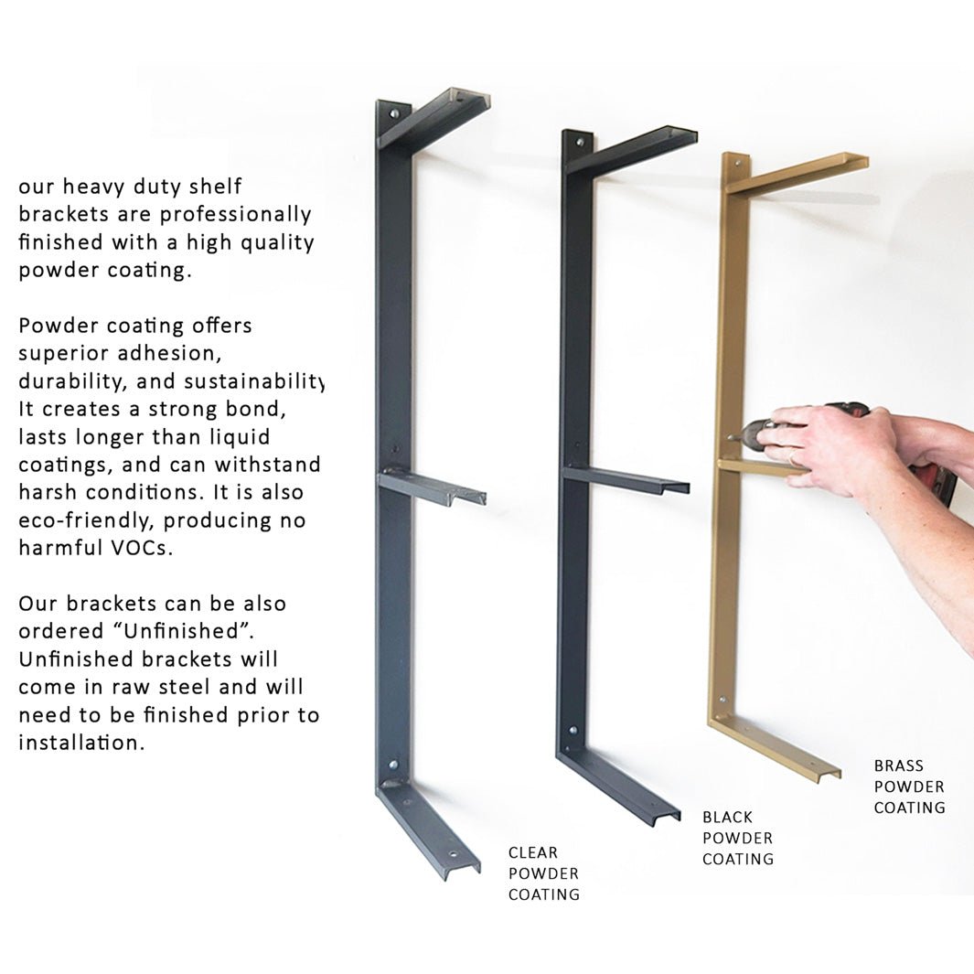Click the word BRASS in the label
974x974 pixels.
[x=898, y=765]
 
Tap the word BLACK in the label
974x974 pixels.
[x=728, y=817]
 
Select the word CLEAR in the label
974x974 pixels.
[x=533, y=852]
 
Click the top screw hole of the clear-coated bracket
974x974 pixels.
[x=394, y=115]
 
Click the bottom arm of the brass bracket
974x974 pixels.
[x=777, y=746]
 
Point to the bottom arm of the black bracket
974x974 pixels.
[x=622, y=787]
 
